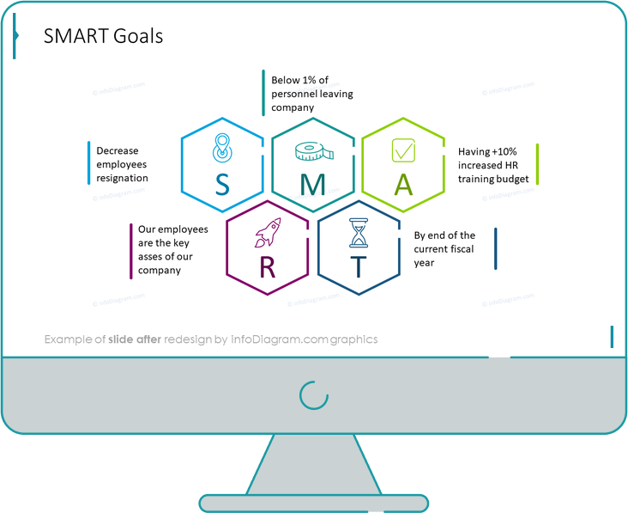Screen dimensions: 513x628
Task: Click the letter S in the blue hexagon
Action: [222, 185]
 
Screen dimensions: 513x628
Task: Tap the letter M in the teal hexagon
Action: [312, 185]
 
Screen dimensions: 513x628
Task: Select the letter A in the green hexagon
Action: [403, 185]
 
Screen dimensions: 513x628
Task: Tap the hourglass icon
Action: [358, 233]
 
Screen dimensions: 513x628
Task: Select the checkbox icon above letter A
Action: [403, 150]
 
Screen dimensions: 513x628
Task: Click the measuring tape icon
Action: [312, 152]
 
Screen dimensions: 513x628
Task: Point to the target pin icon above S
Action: [222, 150]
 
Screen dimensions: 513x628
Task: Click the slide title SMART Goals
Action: [103, 36]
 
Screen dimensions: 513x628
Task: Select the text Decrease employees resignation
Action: [122, 164]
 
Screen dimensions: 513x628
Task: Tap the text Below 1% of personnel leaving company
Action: [311, 94]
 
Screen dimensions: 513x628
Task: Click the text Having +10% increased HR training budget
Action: [493, 165]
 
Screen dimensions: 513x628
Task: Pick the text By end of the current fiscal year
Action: [444, 248]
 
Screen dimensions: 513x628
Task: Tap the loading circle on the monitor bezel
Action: [313, 394]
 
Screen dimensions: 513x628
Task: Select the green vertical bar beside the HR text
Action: [537, 164]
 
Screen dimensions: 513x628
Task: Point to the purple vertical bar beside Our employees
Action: [130, 251]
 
